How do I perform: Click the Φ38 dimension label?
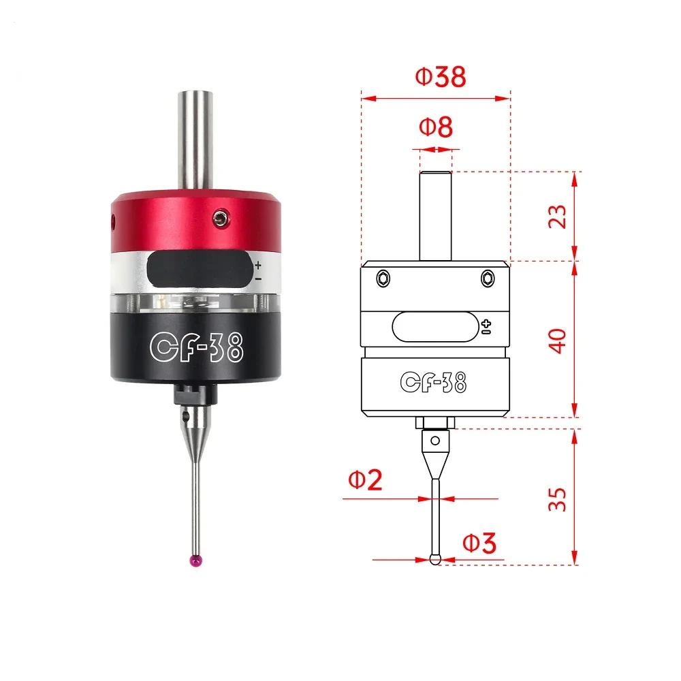[x=441, y=78]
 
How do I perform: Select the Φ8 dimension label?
[x=436, y=128]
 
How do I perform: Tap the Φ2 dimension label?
[x=366, y=481]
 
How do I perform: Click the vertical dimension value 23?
[x=557, y=216]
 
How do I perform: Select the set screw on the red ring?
[x=219, y=218]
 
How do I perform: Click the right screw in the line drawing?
[x=486, y=278]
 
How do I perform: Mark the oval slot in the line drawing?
[x=434, y=326]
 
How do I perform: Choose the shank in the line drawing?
[x=436, y=215]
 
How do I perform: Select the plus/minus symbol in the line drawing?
[x=486, y=326]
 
